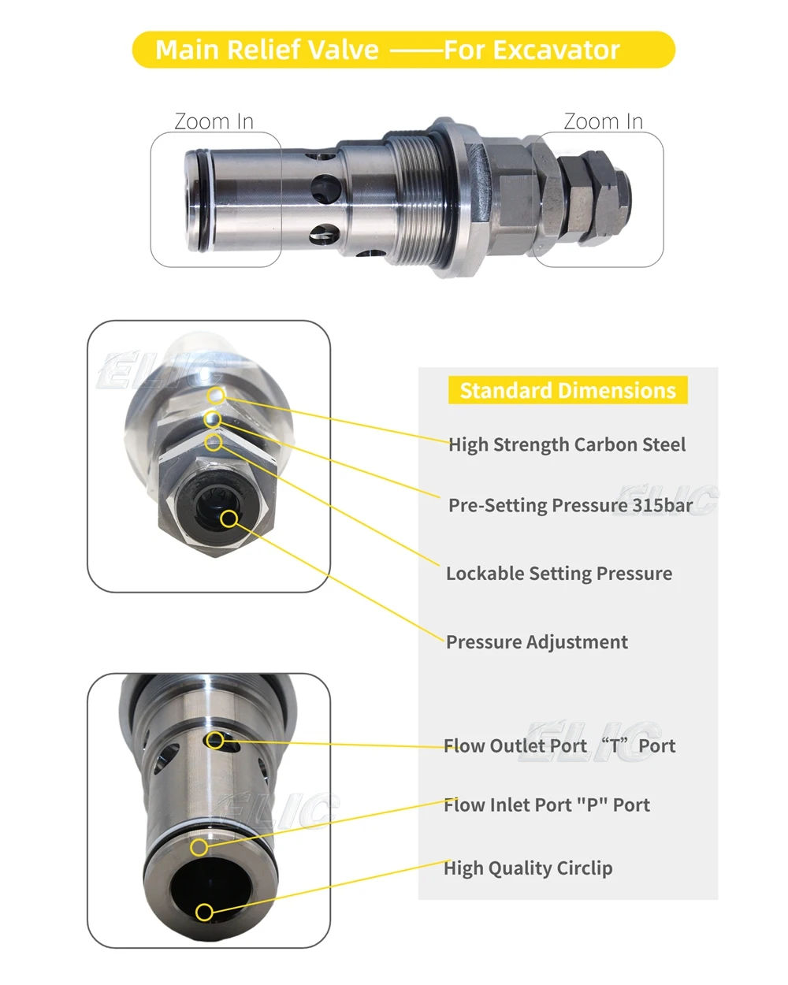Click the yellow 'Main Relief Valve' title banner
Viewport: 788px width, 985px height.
pos(403,50)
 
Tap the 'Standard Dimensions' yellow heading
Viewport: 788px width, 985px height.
pos(567,391)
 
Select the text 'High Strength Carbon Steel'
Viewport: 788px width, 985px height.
pos(567,445)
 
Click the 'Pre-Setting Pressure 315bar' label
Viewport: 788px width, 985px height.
pos(571,505)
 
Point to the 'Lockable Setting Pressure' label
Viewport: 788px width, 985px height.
pos(559,574)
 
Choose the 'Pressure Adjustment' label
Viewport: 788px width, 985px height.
pos(537,642)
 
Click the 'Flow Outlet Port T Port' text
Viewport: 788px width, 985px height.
pos(559,746)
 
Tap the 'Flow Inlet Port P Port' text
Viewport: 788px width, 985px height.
pos(547,805)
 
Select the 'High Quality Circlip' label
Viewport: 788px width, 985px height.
pos(528,868)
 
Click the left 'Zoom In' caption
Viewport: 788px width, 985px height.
pos(214,121)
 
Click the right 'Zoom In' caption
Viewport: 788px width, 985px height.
pos(603,121)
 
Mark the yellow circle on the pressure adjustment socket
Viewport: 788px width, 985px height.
pos(229,519)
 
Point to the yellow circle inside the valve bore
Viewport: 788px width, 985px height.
pos(204,913)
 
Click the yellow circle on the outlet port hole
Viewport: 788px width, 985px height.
pos(214,740)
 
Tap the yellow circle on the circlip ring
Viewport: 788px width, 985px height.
pos(200,847)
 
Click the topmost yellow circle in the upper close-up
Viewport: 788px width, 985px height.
pos(217,395)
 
